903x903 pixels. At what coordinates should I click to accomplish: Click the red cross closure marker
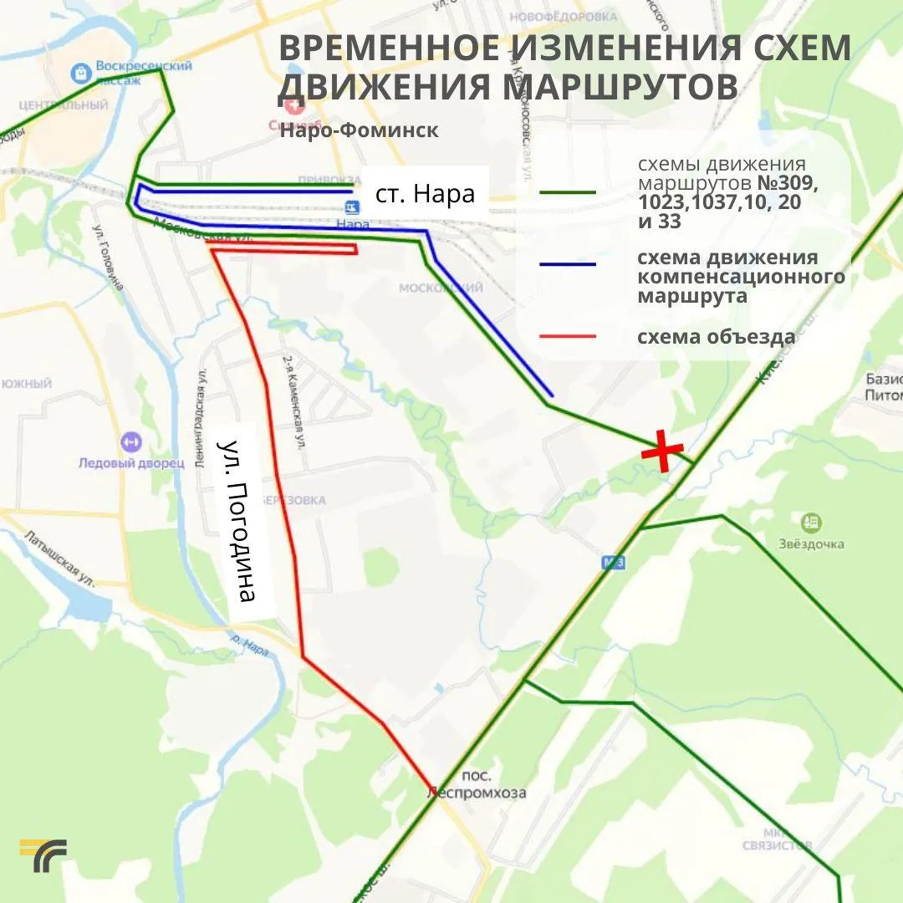[661, 451]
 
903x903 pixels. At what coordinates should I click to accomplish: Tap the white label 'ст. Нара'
[425, 194]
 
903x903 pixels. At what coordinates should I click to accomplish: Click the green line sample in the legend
[569, 192]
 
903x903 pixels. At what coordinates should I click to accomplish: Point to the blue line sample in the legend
[569, 264]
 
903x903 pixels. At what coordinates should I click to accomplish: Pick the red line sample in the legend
[569, 337]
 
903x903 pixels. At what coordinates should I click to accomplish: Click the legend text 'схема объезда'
[716, 337]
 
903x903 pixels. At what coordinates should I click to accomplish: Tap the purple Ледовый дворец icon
[130, 441]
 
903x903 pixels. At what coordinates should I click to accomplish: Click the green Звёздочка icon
[809, 523]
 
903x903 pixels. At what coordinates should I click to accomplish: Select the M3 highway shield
[614, 563]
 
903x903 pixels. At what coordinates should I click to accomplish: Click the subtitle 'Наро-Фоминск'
[359, 130]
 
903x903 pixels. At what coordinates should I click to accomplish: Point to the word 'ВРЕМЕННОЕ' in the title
[401, 48]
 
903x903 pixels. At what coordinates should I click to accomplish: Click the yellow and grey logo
[43, 855]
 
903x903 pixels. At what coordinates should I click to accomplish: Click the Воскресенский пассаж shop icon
[81, 73]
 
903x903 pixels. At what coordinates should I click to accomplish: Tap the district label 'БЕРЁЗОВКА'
[293, 500]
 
